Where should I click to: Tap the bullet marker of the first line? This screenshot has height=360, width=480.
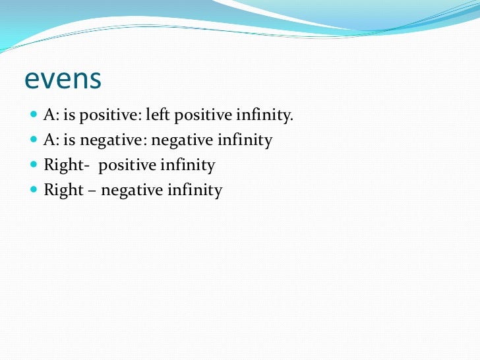[34, 115]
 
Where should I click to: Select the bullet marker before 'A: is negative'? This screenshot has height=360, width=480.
[34, 140]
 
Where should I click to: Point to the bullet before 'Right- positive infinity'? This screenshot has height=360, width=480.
[34, 165]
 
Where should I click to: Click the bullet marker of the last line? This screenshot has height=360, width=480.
[34, 191]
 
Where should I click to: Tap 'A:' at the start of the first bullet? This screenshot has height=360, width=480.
[51, 115]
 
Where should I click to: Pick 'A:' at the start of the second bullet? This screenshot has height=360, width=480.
[51, 140]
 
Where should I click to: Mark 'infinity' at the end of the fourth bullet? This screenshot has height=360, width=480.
[195, 191]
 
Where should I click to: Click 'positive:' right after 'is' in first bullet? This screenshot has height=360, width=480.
[110, 115]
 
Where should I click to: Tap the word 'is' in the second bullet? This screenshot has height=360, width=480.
[70, 140]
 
